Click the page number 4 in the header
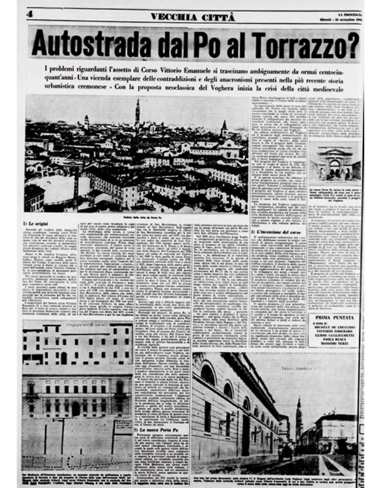click(29, 14)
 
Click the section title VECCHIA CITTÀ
click(193, 17)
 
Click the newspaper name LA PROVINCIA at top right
click(350, 14)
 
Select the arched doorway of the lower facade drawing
click(75, 408)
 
